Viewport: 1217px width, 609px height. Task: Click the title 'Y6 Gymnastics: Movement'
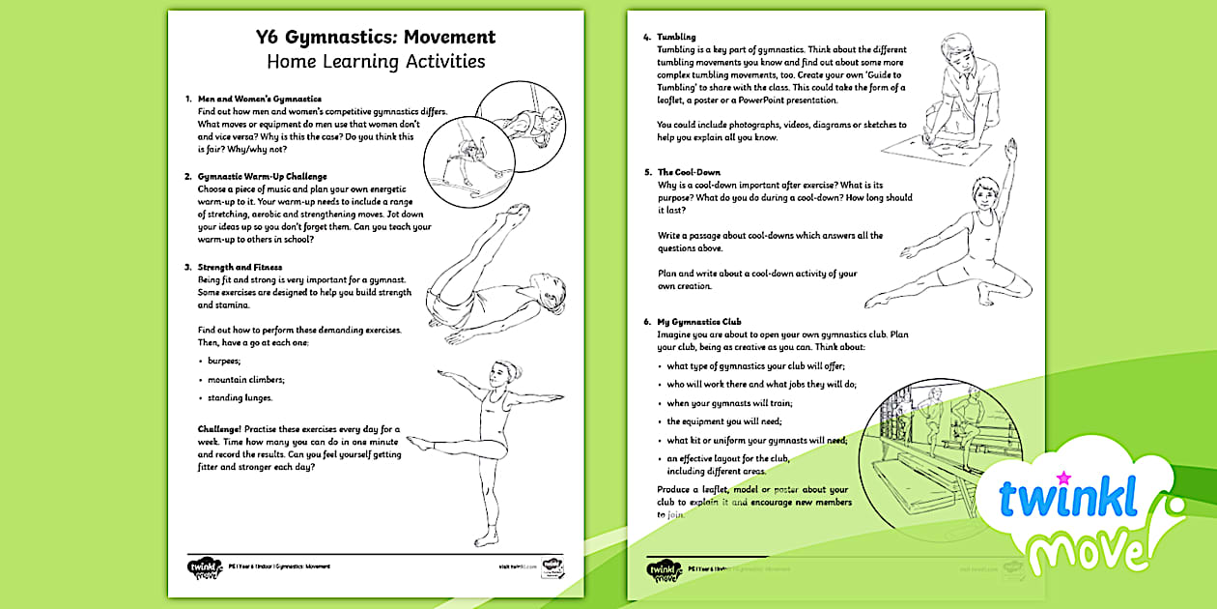tap(376, 38)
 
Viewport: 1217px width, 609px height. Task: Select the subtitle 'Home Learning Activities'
tap(376, 63)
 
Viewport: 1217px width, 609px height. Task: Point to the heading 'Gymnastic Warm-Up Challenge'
tap(262, 177)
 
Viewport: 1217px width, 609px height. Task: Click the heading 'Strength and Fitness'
tap(240, 267)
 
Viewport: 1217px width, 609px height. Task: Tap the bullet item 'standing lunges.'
tap(241, 397)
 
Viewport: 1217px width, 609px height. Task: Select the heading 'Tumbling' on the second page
tap(676, 37)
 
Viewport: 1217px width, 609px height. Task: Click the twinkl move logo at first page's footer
tap(204, 566)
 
